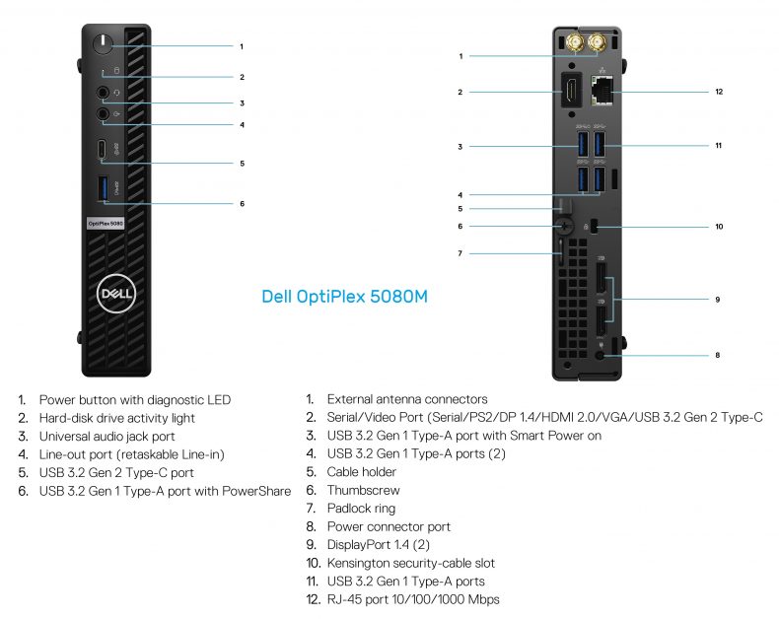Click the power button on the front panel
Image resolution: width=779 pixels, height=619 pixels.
[x=105, y=45]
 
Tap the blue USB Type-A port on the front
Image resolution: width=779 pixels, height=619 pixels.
[x=105, y=186]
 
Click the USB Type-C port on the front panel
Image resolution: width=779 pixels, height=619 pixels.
[x=105, y=150]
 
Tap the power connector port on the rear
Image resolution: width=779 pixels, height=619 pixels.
[x=600, y=354]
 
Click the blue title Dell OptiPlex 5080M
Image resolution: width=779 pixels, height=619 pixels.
[x=344, y=296]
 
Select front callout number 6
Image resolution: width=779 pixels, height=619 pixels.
[x=242, y=204]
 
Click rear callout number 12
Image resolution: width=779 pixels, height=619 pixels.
[x=719, y=92]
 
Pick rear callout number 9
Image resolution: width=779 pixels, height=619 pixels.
[x=718, y=299]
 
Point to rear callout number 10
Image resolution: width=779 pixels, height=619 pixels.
[x=719, y=227]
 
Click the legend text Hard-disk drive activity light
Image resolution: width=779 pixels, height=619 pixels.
[x=116, y=418]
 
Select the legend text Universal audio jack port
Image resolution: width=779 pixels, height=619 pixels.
[x=106, y=436]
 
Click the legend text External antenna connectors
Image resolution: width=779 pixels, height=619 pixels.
[x=406, y=399]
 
